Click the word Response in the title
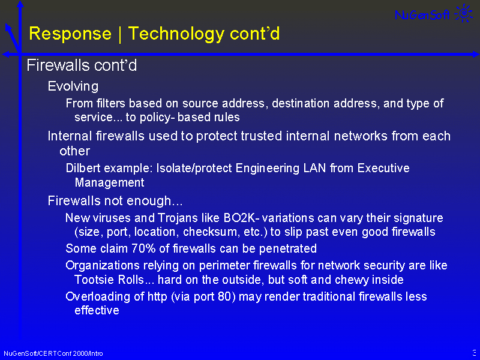click(70, 34)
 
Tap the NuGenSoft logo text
click(422, 14)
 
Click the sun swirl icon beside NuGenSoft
click(464, 13)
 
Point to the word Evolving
click(73, 87)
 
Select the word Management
click(109, 183)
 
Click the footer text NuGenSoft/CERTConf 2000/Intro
click(53, 353)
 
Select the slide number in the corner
click(475, 352)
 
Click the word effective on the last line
click(97, 310)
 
